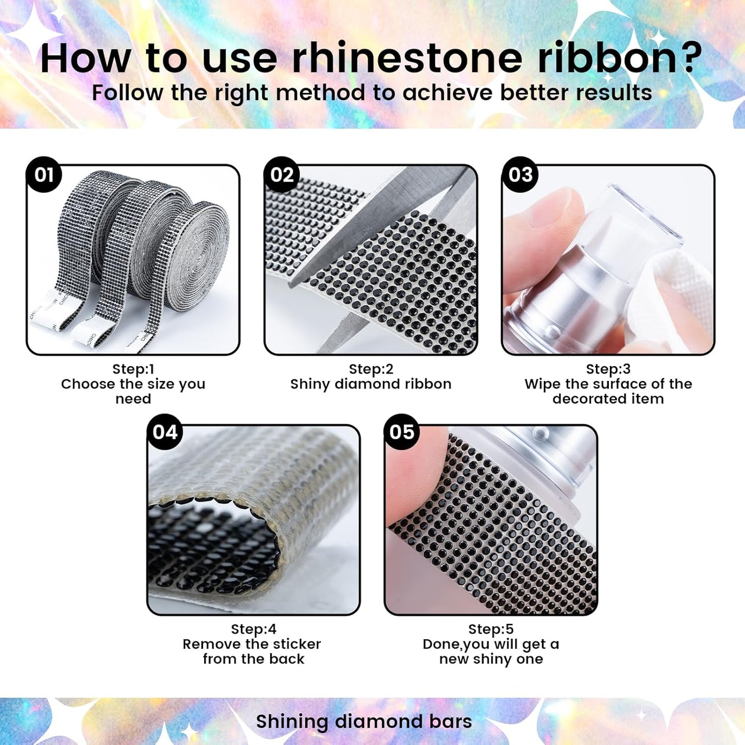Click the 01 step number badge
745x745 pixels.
coord(44,174)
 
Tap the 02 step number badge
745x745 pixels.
coord(282,174)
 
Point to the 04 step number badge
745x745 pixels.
coord(164,432)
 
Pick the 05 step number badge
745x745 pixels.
coord(402,432)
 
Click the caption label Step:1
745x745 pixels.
coord(134,369)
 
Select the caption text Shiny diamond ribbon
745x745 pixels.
coord(371,384)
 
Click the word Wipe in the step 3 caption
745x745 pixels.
coord(542,384)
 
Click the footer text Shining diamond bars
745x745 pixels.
coord(364,721)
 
